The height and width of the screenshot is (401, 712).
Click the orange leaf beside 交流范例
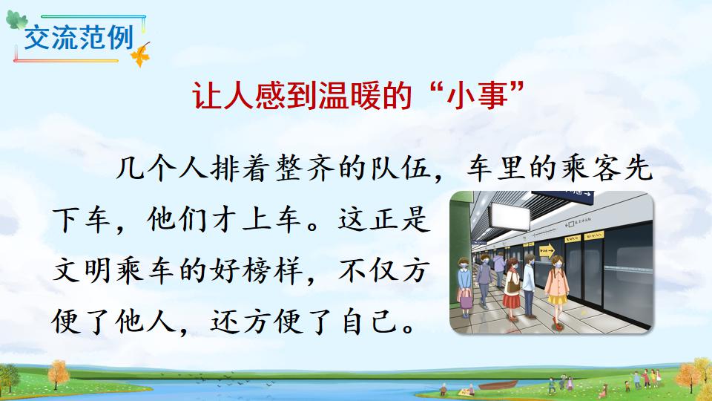point(140,56)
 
